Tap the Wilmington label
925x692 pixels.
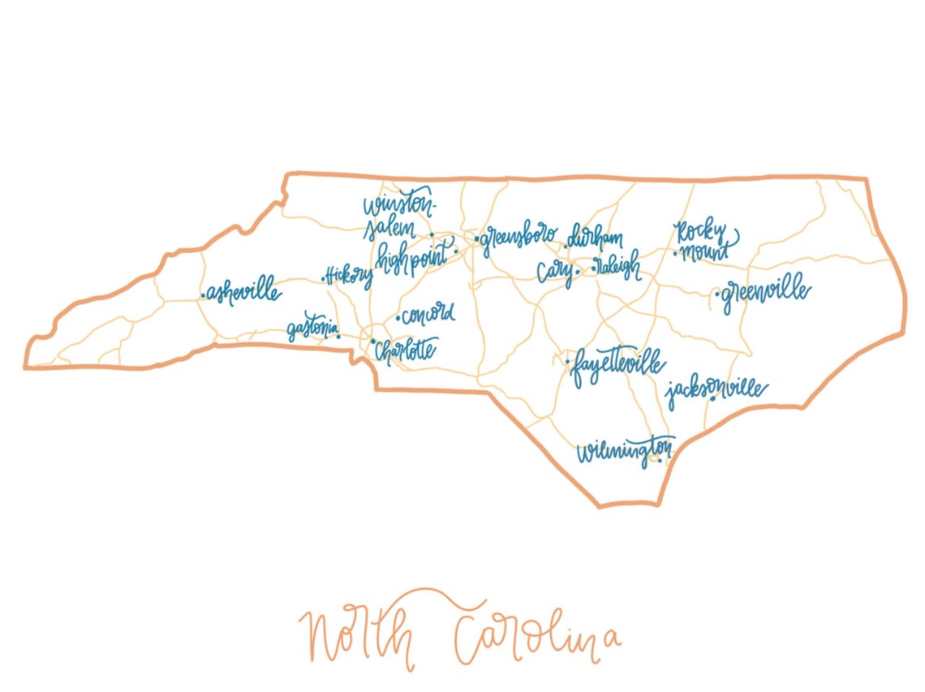pyautogui.click(x=625, y=451)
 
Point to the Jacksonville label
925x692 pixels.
pyautogui.click(x=716, y=392)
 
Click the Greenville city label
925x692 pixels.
pyautogui.click(x=765, y=294)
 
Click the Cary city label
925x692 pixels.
pyautogui.click(x=555, y=272)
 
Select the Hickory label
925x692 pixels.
pyautogui.click(x=350, y=276)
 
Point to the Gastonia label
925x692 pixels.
pyautogui.click(x=312, y=331)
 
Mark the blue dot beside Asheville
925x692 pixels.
pyautogui.click(x=203, y=296)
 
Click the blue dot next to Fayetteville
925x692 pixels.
pyautogui.click(x=566, y=361)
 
